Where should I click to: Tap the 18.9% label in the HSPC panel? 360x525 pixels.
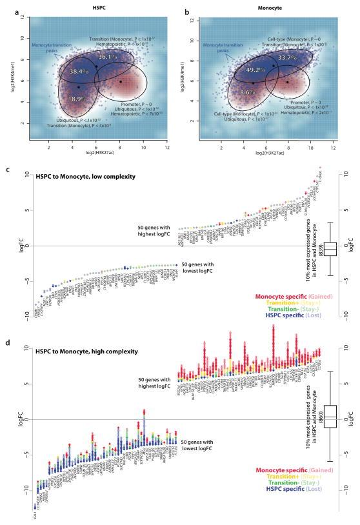[77, 99]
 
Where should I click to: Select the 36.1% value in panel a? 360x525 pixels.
[107, 57]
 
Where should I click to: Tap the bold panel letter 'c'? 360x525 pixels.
[6, 170]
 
